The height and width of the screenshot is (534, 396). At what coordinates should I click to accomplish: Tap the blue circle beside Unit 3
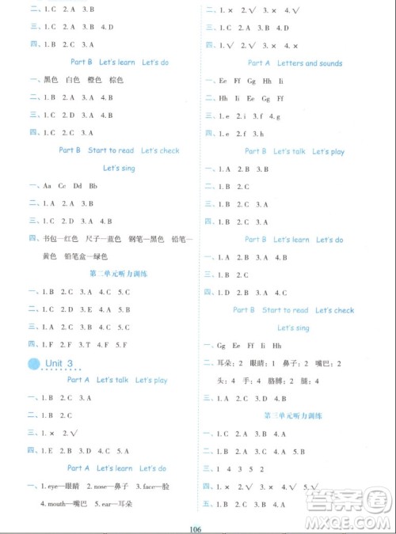click(x=34, y=362)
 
